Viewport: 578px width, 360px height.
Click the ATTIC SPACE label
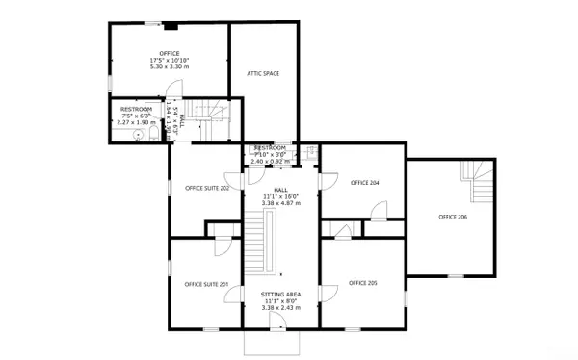point(264,73)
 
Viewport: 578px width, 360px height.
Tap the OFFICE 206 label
point(453,218)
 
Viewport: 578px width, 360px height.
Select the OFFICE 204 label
point(364,182)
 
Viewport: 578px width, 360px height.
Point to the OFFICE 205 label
point(362,283)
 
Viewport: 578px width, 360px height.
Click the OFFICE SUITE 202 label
point(206,189)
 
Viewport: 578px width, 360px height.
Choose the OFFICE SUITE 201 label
point(205,284)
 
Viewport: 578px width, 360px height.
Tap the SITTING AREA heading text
point(280,293)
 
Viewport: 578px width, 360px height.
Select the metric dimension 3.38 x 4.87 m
point(280,204)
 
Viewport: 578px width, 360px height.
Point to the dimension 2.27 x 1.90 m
point(136,123)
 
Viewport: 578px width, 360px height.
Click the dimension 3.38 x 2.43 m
point(280,308)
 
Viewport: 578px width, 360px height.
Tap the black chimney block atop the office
point(169,27)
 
